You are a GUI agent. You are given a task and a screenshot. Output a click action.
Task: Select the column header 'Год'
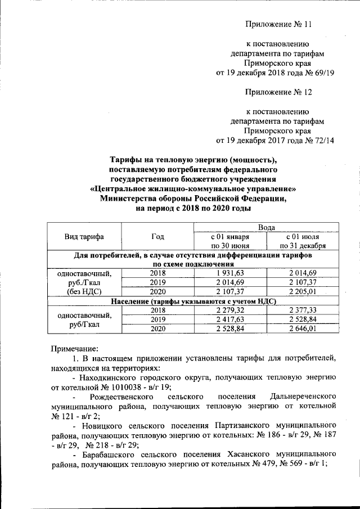coord(157,237)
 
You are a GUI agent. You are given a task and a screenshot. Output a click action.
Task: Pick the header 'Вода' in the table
coord(266,227)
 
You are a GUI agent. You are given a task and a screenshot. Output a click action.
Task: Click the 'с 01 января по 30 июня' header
coord(229,241)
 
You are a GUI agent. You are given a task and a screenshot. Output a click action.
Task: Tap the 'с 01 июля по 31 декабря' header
coord(304,241)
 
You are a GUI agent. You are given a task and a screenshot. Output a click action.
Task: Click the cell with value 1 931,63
coord(229,273)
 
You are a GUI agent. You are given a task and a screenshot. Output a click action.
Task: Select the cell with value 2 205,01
coord(304,292)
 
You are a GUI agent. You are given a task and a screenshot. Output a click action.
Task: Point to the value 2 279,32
coord(229,310)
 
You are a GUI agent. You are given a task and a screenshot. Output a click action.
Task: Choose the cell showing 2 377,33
coord(304,310)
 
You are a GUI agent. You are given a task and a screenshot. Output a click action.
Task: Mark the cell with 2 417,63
coord(229,319)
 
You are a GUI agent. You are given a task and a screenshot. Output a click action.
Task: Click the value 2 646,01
coord(304,329)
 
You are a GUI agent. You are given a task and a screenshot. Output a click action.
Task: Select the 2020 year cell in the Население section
coord(157,329)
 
